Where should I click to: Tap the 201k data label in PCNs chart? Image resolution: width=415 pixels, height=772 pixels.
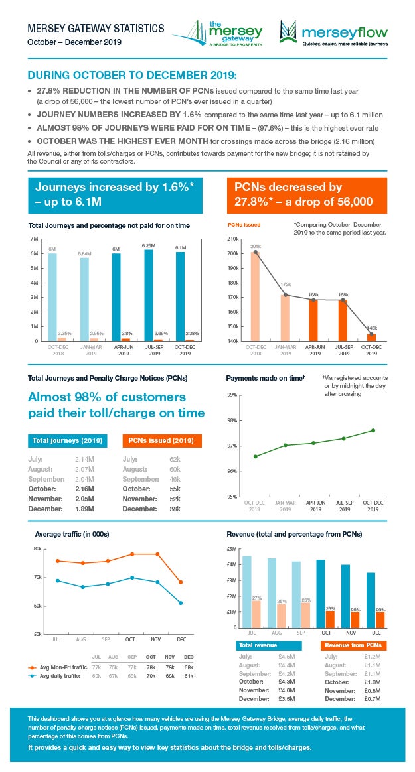tap(255, 247)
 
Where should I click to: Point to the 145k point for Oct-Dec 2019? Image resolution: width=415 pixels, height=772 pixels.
tap(373, 334)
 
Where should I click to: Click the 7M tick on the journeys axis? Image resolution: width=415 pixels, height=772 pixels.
tap(33, 238)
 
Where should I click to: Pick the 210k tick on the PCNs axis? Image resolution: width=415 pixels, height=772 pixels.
tap(232, 239)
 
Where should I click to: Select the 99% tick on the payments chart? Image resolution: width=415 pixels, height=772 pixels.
tap(232, 395)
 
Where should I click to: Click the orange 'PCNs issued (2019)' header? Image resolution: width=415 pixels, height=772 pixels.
tap(163, 440)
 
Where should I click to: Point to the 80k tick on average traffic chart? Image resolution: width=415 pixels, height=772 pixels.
tap(37, 548)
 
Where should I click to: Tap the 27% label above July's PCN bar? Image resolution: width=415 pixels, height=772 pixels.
tap(256, 598)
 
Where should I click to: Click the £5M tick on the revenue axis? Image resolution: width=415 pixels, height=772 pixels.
tap(232, 549)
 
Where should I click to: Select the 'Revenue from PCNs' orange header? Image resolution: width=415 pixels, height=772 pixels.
tap(354, 645)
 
